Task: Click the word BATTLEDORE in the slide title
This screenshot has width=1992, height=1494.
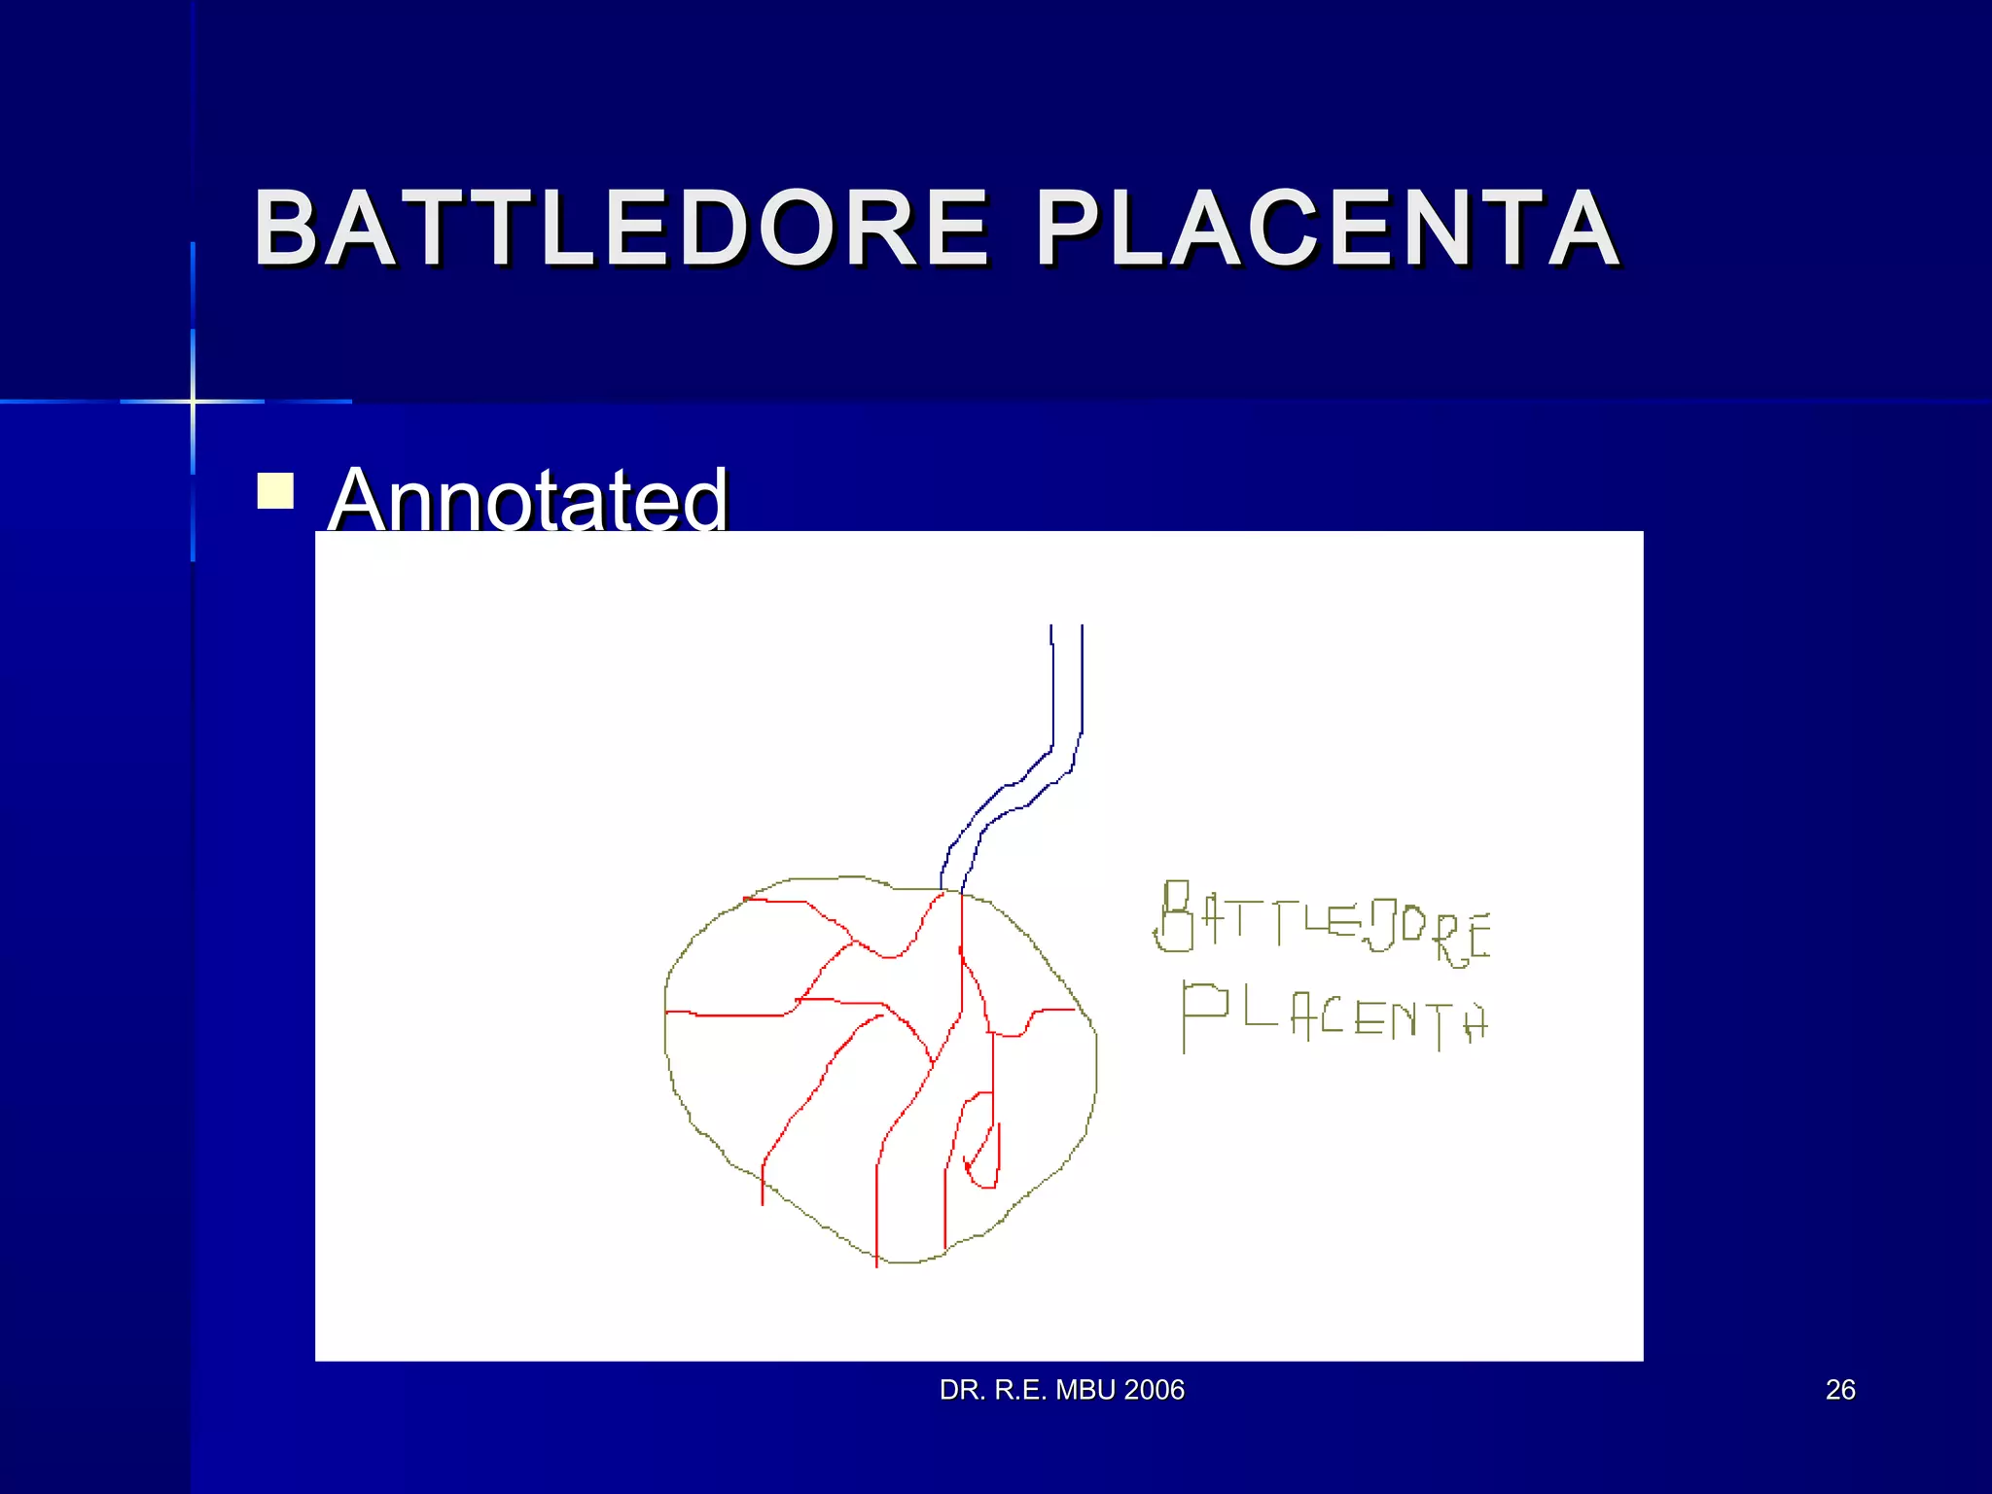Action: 621,229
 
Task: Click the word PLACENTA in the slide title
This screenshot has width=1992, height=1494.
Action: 1327,229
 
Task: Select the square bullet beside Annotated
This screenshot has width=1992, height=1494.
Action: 275,490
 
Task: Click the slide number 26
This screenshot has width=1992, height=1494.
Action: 1840,1390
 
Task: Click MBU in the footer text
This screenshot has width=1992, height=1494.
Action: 1085,1390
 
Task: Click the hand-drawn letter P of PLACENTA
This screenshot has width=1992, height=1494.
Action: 1202,1014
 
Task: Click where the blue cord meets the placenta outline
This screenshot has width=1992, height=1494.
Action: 951,889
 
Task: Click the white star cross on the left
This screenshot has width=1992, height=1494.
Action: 193,401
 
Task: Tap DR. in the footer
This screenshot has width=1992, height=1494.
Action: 959,1390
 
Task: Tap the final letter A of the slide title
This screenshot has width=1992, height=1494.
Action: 1583,229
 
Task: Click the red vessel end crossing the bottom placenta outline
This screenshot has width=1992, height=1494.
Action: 876,1255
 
